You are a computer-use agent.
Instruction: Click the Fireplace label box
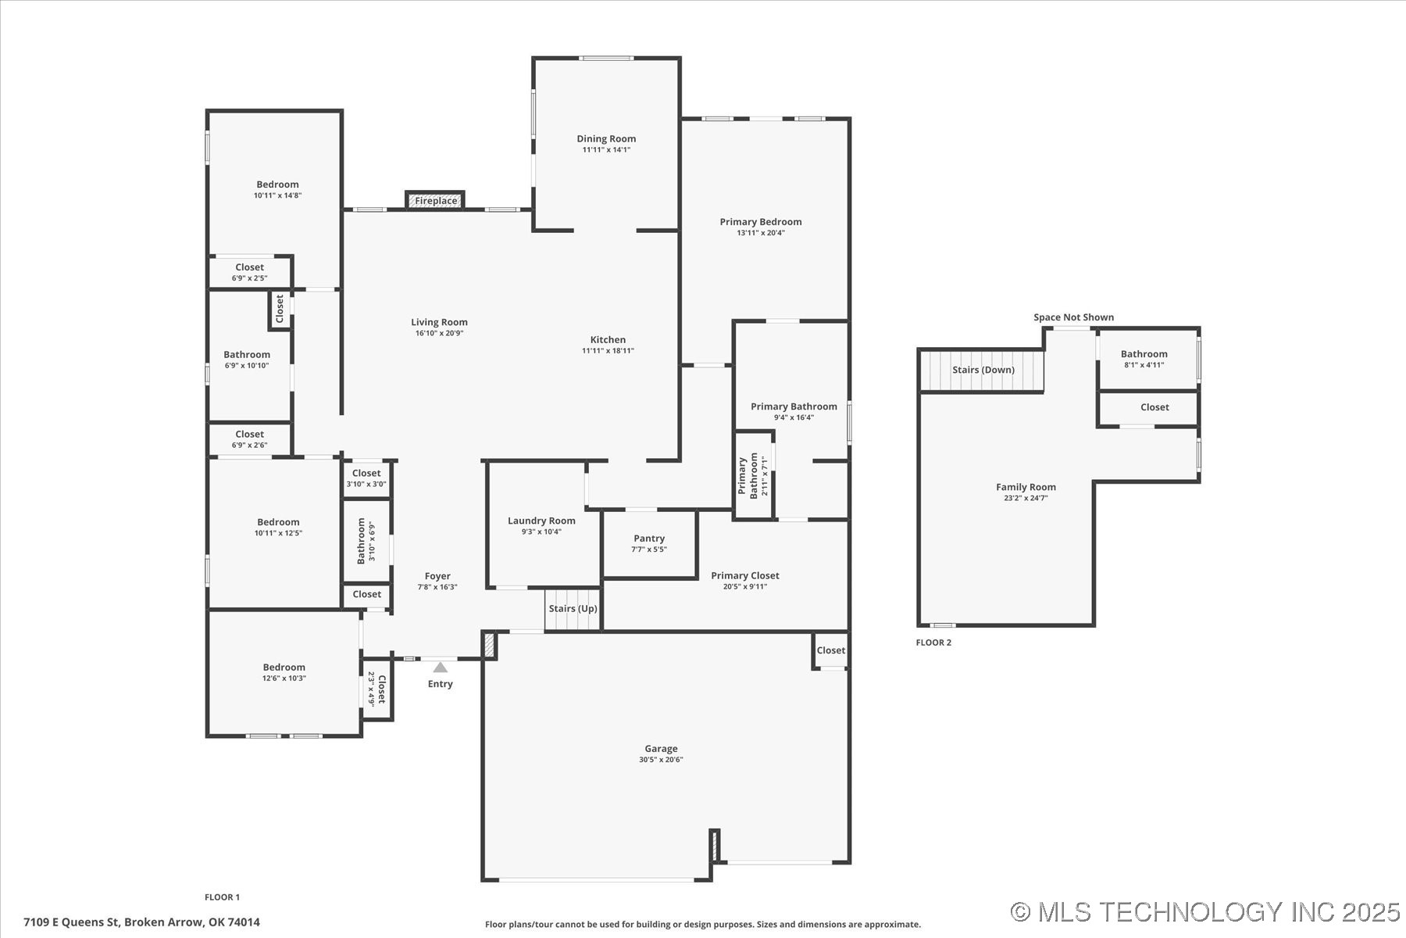point(435,201)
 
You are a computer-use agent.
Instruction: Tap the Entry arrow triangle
point(441,668)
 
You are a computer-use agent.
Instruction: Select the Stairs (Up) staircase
point(573,609)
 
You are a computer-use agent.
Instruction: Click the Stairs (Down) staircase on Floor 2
point(983,370)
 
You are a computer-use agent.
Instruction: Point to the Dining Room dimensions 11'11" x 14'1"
point(606,150)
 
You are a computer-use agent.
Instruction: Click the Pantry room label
point(649,539)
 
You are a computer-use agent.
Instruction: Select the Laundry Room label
point(541,521)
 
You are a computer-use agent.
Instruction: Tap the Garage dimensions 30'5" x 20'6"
point(661,760)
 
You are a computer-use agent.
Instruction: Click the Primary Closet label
point(744,576)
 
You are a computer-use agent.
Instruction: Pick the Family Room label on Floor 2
point(1026,487)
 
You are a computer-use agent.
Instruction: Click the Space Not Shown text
point(1073,317)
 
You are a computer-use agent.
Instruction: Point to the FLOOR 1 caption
point(222,897)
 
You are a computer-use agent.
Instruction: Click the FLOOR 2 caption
point(933,643)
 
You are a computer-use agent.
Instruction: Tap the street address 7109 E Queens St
point(141,922)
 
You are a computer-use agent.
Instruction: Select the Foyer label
point(437,576)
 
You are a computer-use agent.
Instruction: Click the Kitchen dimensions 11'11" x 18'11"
point(608,351)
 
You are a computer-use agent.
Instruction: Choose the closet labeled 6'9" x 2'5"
point(249,272)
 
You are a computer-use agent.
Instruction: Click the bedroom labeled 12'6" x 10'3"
point(284,672)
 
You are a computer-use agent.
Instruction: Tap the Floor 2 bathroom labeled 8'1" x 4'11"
point(1144,359)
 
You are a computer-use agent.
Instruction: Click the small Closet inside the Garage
point(830,650)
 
